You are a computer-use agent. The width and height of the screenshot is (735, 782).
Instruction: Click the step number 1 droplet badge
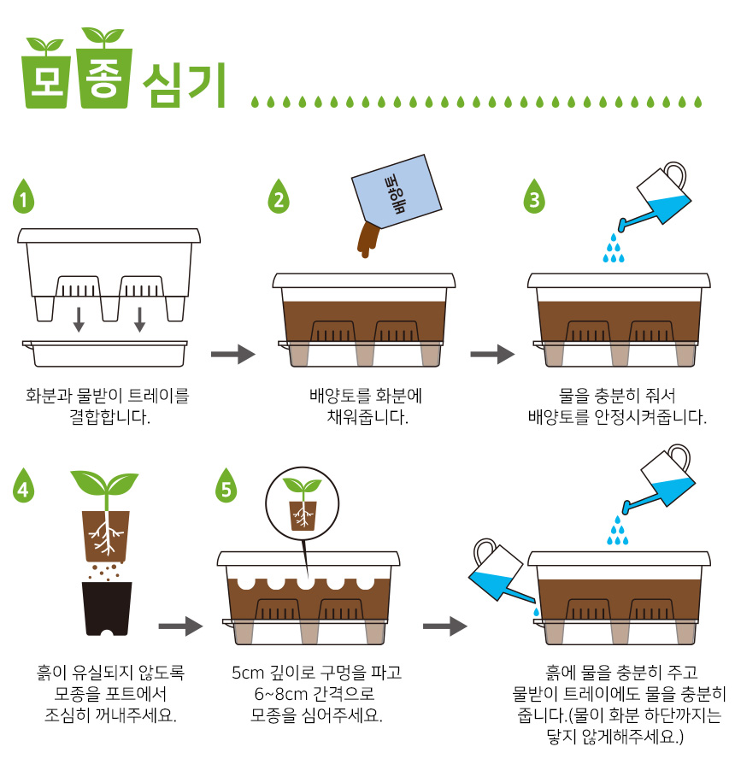point(23,197)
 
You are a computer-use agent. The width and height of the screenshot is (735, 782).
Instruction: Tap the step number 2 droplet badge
point(279,197)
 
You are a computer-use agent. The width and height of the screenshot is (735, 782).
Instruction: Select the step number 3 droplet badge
point(534,197)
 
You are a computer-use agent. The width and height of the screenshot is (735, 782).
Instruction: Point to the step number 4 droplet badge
point(23,485)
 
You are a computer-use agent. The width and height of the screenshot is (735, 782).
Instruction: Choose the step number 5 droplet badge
point(226,485)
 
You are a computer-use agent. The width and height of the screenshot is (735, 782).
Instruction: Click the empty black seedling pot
point(107,609)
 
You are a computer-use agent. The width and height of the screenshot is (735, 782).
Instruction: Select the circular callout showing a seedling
point(303,503)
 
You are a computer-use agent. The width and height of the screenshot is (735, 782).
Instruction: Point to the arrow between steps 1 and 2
point(232,354)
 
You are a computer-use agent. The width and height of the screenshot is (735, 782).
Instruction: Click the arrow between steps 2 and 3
point(492,354)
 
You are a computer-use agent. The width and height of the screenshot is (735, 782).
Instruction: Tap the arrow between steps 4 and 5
point(180,626)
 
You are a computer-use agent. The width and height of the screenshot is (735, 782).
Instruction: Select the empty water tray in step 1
point(105,353)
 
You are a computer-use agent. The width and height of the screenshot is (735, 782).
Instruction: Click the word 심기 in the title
point(185,85)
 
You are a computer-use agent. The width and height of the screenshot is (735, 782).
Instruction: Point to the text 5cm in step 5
point(248,673)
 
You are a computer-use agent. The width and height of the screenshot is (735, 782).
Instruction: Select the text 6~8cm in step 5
point(279,694)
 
